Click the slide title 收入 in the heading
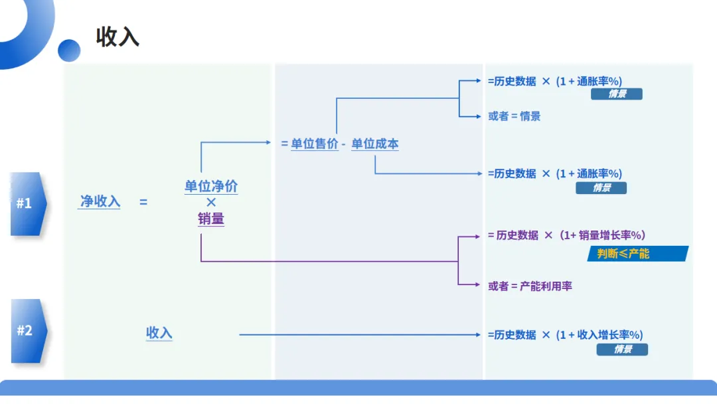pyautogui.click(x=118, y=37)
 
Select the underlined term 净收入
pyautogui.click(x=100, y=201)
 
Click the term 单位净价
pyautogui.click(x=211, y=186)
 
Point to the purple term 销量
pyautogui.click(x=211, y=218)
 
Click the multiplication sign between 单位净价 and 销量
pyautogui.click(x=211, y=202)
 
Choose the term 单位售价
pyautogui.click(x=315, y=144)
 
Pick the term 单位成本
pyautogui.click(x=375, y=144)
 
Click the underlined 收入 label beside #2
pyautogui.click(x=159, y=333)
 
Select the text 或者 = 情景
pyautogui.click(x=515, y=116)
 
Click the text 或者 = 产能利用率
pyautogui.click(x=530, y=286)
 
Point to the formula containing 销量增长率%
pyautogui.click(x=566, y=235)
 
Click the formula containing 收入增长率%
pyautogui.click(x=565, y=335)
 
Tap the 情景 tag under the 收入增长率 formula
pyautogui.click(x=622, y=350)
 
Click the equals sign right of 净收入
pyautogui.click(x=143, y=202)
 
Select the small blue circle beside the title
pyautogui.click(x=69, y=50)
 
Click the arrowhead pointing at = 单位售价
pyautogui.click(x=268, y=142)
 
